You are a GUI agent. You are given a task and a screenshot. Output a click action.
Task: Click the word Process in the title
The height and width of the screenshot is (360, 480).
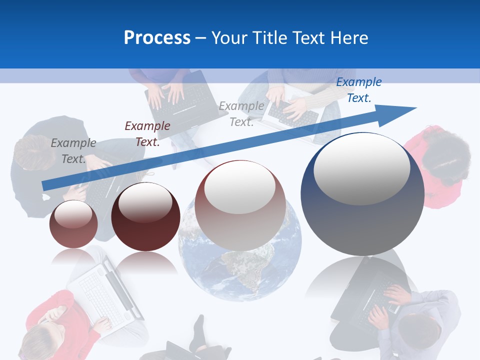(157, 38)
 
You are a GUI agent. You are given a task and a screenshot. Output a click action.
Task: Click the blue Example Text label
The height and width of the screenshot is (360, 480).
(358, 90)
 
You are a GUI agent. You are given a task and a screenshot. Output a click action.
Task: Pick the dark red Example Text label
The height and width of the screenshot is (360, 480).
(147, 134)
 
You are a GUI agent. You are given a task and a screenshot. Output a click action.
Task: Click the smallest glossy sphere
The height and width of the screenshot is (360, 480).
(73, 224)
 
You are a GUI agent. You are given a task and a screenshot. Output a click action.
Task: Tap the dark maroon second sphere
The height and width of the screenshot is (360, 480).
(145, 217)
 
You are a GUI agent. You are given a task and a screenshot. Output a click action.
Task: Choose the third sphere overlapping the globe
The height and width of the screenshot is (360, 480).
(240, 205)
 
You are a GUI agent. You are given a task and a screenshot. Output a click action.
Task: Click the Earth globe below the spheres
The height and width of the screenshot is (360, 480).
(240, 270)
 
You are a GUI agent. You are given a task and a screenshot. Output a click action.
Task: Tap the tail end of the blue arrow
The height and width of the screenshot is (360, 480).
(45, 185)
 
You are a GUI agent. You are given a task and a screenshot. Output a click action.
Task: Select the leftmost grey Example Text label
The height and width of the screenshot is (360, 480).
(73, 151)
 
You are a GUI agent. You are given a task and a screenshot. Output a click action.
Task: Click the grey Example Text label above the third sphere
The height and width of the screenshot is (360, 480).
(241, 114)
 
